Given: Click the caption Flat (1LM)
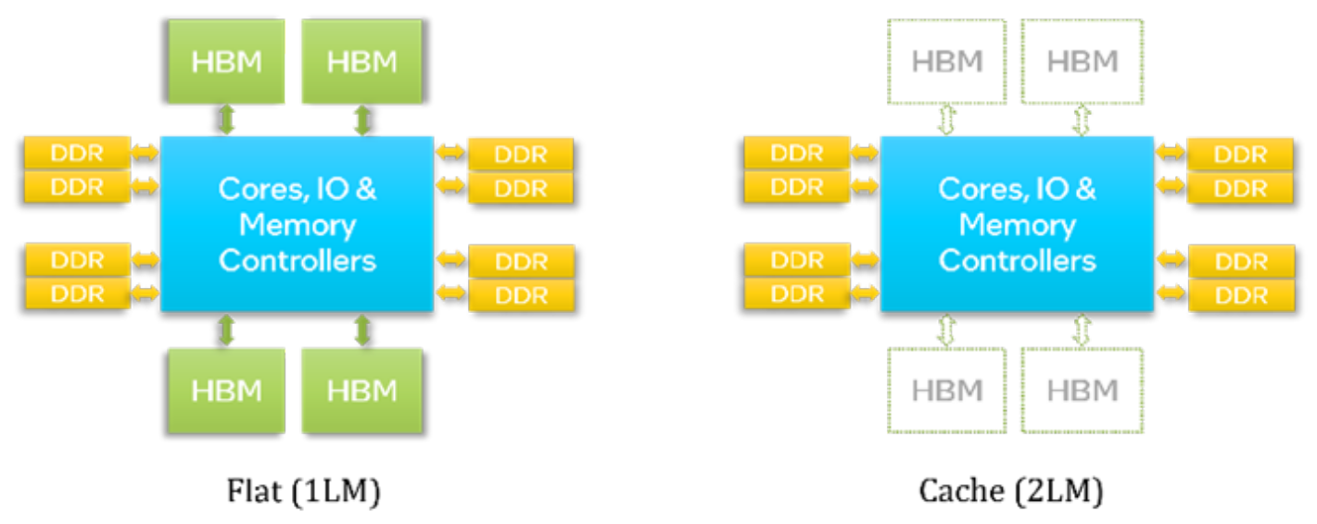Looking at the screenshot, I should [x=304, y=491].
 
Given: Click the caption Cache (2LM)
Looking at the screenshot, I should [x=1010, y=491].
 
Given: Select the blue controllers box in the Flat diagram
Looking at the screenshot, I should [x=297, y=224].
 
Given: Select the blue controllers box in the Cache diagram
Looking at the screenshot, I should [x=1017, y=224].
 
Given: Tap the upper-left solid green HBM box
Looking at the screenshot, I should [x=226, y=61].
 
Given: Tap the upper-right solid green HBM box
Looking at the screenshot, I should [x=362, y=61].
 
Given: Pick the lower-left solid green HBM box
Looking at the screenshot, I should [x=226, y=390].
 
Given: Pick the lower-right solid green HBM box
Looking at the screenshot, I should [x=362, y=390].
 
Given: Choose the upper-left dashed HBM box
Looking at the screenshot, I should [x=946, y=61].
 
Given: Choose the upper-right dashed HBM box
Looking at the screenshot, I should [x=1083, y=61].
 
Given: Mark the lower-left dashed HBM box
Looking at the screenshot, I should [x=946, y=390].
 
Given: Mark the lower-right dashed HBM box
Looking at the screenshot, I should [x=1083, y=390].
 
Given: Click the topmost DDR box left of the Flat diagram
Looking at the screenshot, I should [x=76, y=152].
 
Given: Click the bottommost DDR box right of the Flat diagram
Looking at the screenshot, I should [x=522, y=295].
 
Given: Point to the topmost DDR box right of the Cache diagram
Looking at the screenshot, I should [x=1240, y=154].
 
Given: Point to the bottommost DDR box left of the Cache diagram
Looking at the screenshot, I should [x=796, y=293].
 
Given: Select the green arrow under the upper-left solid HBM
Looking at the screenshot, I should [x=226, y=119].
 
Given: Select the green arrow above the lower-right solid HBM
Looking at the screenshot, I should [x=362, y=331].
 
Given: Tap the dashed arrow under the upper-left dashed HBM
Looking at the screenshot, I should [x=946, y=119].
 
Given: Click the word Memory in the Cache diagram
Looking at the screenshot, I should [x=1017, y=225].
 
